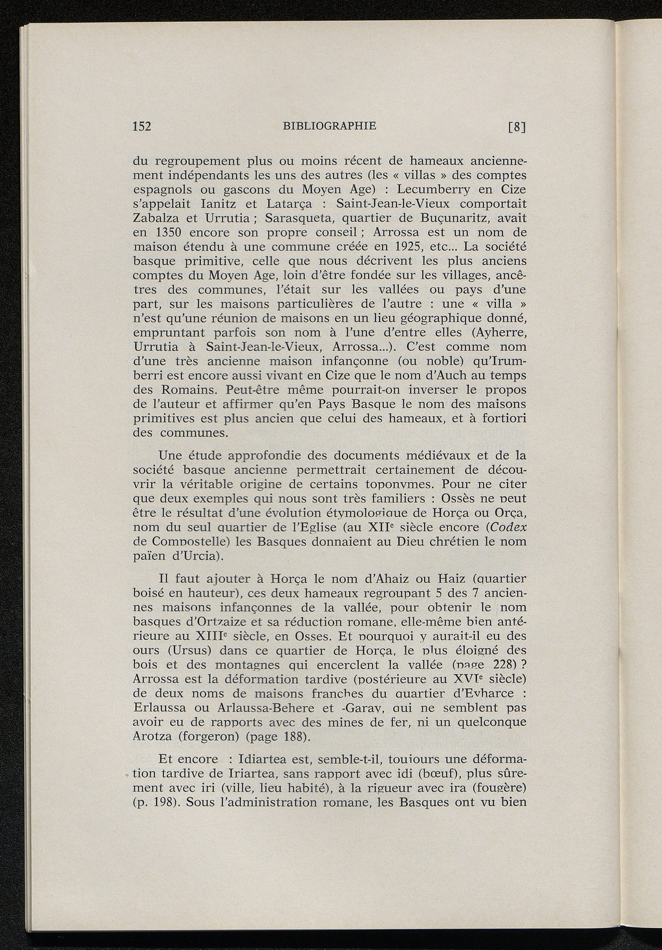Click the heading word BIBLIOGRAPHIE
(x=330, y=125)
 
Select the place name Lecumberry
(x=438, y=189)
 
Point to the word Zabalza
(x=153, y=218)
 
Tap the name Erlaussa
(x=159, y=708)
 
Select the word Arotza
(x=153, y=737)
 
